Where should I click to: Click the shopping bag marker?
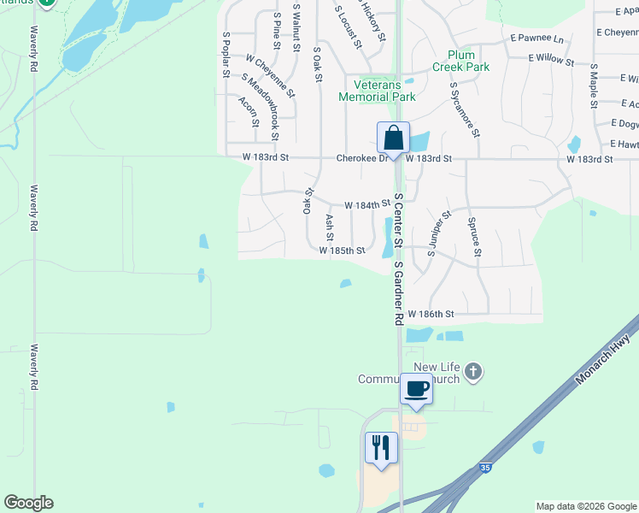(393, 138)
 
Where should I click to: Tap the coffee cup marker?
(416, 388)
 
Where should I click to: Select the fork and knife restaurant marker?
(380, 448)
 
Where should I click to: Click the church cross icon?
(475, 372)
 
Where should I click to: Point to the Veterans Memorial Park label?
(377, 91)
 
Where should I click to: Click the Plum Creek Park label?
(460, 61)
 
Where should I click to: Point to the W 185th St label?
(342, 251)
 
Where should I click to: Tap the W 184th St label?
(367, 206)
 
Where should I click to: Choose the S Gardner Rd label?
(398, 293)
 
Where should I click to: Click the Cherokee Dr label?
(362, 158)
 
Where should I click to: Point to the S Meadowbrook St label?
(261, 106)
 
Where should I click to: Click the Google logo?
(28, 503)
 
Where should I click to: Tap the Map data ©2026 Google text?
(585, 506)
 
